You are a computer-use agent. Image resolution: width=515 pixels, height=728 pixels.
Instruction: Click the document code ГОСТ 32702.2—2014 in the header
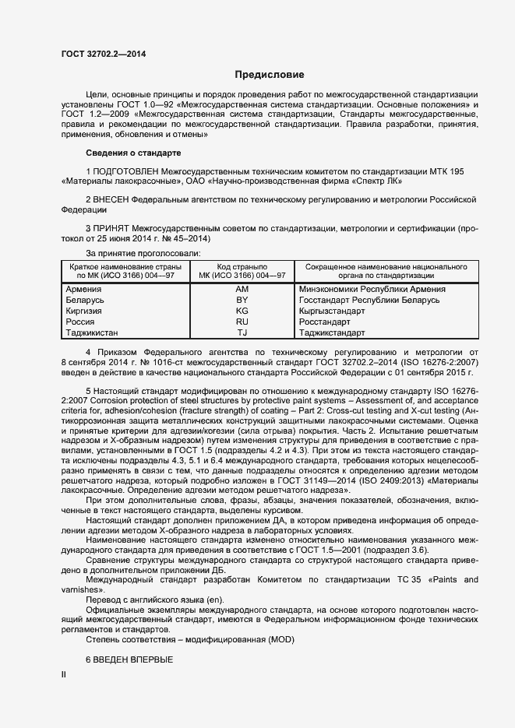pyautogui.click(x=104, y=54)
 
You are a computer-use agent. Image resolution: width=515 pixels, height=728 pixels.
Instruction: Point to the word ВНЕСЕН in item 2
pyautogui.click(x=111, y=200)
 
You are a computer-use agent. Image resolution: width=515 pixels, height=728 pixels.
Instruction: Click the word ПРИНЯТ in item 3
pyautogui.click(x=111, y=229)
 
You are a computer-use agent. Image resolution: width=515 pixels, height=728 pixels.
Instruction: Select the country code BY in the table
pyautogui.click(x=242, y=300)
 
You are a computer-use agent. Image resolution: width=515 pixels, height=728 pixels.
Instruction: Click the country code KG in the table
pyautogui.click(x=242, y=311)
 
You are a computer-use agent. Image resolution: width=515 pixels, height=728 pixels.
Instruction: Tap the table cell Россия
pyautogui.click(x=82, y=322)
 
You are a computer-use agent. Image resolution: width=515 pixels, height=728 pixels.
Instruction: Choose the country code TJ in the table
pyautogui.click(x=242, y=332)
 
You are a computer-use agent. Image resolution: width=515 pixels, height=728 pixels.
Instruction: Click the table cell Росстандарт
pyautogui.click(x=325, y=322)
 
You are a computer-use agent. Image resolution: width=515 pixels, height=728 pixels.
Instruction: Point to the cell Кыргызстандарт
pyautogui.click(x=332, y=311)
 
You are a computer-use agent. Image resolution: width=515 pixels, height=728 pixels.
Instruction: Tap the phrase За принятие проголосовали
pyautogui.click(x=143, y=254)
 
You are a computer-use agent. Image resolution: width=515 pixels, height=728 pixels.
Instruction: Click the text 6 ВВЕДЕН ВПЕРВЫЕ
pyautogui.click(x=129, y=659)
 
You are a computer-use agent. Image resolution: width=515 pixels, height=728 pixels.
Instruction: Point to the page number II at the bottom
pyautogui.click(x=64, y=674)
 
